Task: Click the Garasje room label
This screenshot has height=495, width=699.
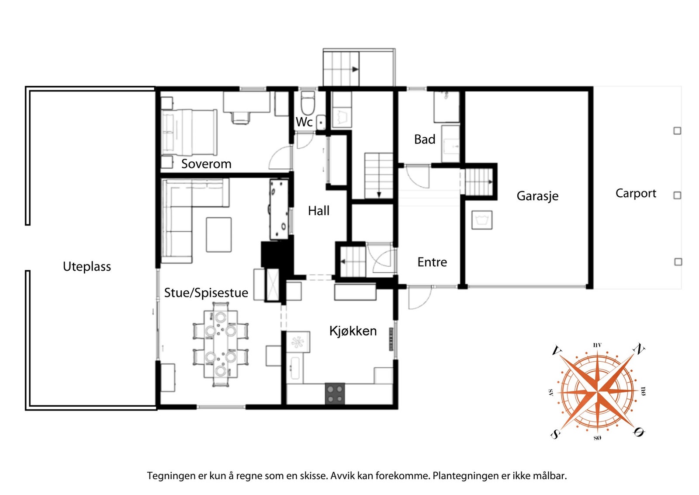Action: [537, 196]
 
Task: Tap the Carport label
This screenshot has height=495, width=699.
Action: [636, 193]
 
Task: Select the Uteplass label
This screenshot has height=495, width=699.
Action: [87, 267]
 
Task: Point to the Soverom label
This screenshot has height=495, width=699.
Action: [206, 164]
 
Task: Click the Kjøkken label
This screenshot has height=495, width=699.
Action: [353, 331]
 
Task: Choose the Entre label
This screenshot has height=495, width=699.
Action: [432, 262]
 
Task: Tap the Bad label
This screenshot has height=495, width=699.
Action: [425, 139]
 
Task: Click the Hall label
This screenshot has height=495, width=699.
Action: [318, 211]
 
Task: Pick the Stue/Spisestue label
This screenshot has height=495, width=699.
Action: [206, 293]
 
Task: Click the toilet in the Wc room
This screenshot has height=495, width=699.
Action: [308, 103]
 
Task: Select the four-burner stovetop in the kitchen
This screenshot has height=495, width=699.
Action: [335, 394]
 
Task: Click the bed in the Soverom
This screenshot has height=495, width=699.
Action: [189, 132]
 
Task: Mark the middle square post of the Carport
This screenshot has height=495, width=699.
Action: [677, 195]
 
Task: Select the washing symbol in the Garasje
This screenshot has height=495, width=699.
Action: [482, 220]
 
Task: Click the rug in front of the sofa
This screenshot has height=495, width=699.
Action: [219, 234]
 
